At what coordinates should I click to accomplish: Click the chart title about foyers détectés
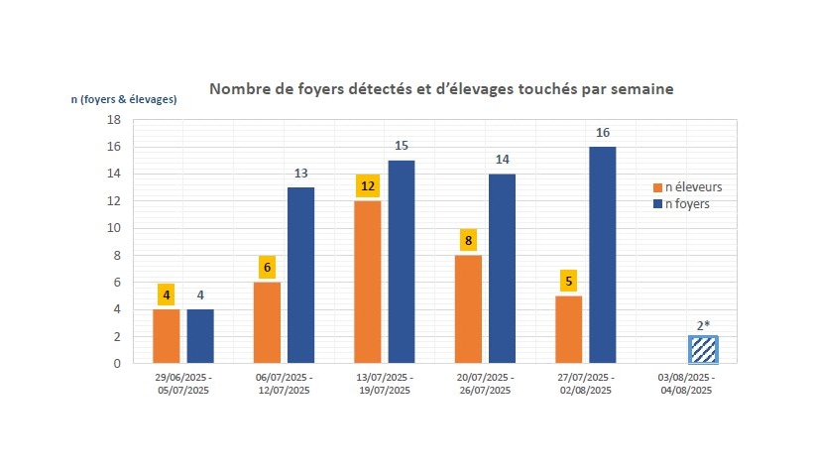pos(441,89)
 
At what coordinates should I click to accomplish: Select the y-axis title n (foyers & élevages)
pos(124,98)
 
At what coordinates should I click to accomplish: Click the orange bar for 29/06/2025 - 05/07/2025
pos(167,336)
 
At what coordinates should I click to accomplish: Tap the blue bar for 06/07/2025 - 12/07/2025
pos(300,276)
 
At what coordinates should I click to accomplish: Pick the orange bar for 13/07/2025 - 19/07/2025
pos(368,282)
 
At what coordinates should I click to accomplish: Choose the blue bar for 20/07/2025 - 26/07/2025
pos(502,269)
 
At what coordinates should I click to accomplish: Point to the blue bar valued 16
pos(602,255)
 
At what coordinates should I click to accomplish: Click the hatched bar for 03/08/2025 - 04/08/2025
pos(703,349)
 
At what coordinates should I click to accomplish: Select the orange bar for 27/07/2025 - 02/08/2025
pos(568,329)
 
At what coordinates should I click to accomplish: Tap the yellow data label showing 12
pos(368,185)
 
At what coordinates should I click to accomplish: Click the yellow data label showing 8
pos(468,239)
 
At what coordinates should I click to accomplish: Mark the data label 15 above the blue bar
pos(401,146)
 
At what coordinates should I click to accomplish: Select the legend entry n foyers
pos(684,203)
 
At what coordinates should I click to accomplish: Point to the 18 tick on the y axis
pos(113,120)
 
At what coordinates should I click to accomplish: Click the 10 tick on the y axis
pos(113,228)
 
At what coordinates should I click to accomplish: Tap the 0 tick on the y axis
pos(116,364)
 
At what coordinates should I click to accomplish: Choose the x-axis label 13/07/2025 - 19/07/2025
pos(385,385)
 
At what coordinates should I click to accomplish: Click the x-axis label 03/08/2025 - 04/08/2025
pos(685,385)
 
